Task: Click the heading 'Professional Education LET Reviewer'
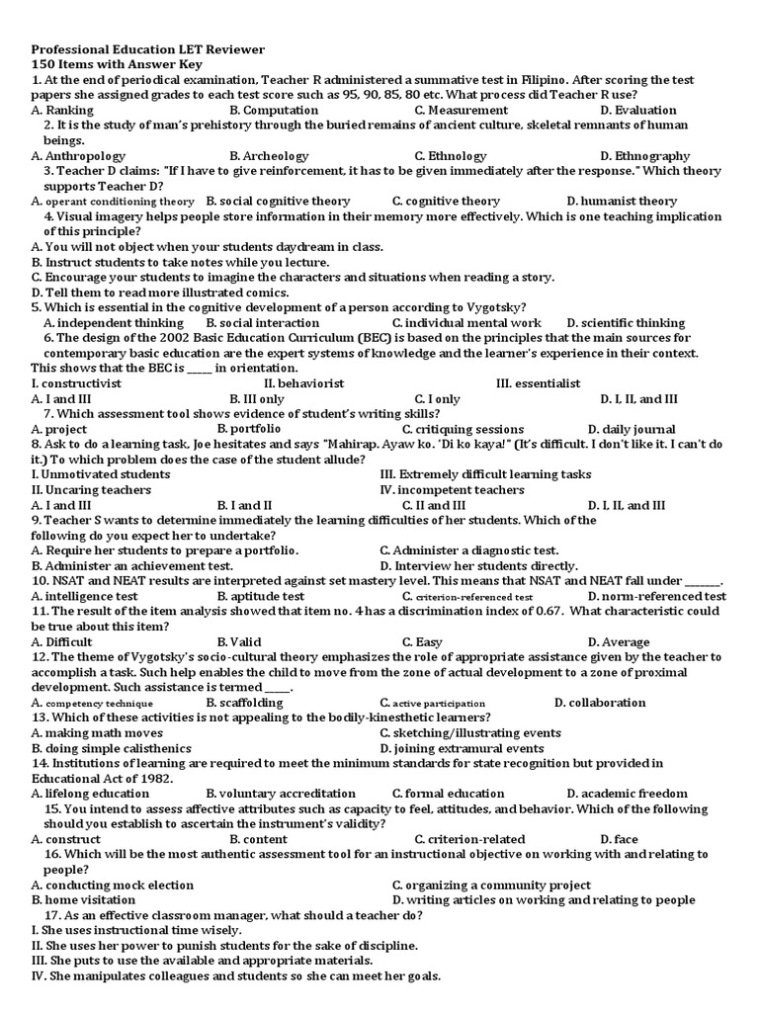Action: click(148, 48)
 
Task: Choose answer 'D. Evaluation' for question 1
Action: click(637, 110)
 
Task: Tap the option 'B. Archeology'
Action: click(269, 156)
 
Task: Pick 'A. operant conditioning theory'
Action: click(113, 202)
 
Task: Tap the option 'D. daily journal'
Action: click(632, 429)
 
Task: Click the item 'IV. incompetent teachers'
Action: click(452, 489)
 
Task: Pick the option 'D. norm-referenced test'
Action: click(656, 597)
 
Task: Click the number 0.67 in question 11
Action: click(547, 612)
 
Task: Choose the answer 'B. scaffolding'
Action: click(244, 703)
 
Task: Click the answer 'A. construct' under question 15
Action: click(66, 839)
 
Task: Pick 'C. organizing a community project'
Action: click(491, 885)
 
